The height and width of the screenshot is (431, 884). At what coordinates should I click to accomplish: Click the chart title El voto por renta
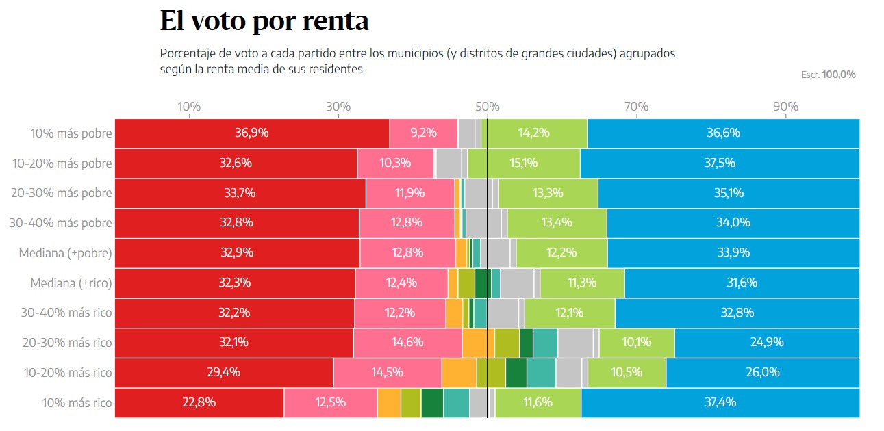[264, 21]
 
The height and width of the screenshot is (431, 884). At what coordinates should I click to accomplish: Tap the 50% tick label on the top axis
[487, 107]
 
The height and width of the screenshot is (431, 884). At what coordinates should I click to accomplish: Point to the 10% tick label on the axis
[189, 107]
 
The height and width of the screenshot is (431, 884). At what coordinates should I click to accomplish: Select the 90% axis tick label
[785, 107]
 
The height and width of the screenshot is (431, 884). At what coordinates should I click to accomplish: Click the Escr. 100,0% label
[828, 75]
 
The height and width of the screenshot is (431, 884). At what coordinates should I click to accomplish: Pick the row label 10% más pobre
[71, 133]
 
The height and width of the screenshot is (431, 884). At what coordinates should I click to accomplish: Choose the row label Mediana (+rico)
[71, 283]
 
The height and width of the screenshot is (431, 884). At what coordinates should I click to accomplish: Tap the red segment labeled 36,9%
[252, 133]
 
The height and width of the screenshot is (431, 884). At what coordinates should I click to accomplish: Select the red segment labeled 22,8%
[199, 402]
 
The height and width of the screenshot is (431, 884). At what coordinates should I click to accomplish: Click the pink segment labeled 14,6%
[407, 343]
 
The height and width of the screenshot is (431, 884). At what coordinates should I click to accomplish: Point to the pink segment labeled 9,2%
[423, 133]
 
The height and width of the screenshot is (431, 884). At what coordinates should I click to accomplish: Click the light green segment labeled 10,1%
[637, 343]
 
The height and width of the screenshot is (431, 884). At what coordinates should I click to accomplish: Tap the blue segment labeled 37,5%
[720, 164]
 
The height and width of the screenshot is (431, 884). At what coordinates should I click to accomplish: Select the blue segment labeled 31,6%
[742, 283]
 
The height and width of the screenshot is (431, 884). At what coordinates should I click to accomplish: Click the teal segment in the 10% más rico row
[456, 402]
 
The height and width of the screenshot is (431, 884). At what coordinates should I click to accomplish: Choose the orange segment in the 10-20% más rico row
[459, 373]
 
